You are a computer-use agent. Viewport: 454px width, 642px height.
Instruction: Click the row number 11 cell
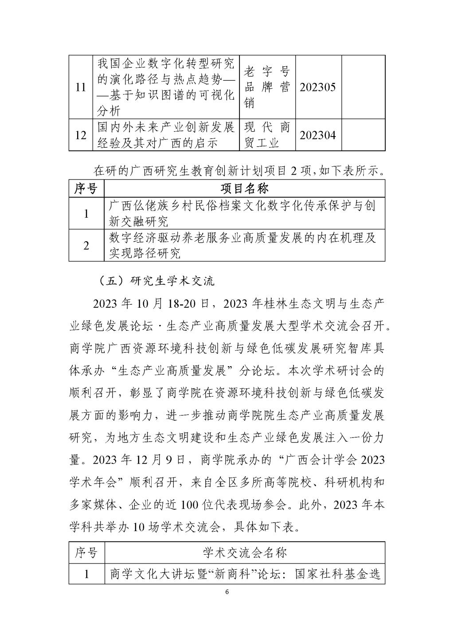[x=80, y=87]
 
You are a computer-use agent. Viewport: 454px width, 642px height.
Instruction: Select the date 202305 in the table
[x=317, y=87]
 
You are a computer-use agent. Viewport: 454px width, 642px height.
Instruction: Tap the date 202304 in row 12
[x=317, y=135]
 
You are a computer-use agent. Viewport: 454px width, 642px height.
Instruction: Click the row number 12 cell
[x=80, y=135]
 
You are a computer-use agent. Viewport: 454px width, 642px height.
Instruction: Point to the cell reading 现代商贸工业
[x=267, y=135]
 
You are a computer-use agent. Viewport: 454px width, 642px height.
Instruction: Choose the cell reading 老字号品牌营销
[x=267, y=87]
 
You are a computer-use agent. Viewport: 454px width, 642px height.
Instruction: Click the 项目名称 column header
[x=244, y=189]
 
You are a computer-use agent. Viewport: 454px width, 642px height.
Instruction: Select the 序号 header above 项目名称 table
[x=86, y=189]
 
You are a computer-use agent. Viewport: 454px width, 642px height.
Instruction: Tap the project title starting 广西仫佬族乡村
[x=243, y=213]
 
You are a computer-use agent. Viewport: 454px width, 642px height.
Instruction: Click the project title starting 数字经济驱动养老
[x=243, y=245]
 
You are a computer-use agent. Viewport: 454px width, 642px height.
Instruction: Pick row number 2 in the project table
[x=86, y=245]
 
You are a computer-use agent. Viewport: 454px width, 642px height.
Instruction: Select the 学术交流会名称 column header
[x=244, y=552]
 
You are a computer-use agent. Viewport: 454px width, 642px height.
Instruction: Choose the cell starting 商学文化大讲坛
[x=245, y=575]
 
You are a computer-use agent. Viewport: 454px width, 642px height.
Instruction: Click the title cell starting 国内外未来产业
[x=166, y=135]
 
